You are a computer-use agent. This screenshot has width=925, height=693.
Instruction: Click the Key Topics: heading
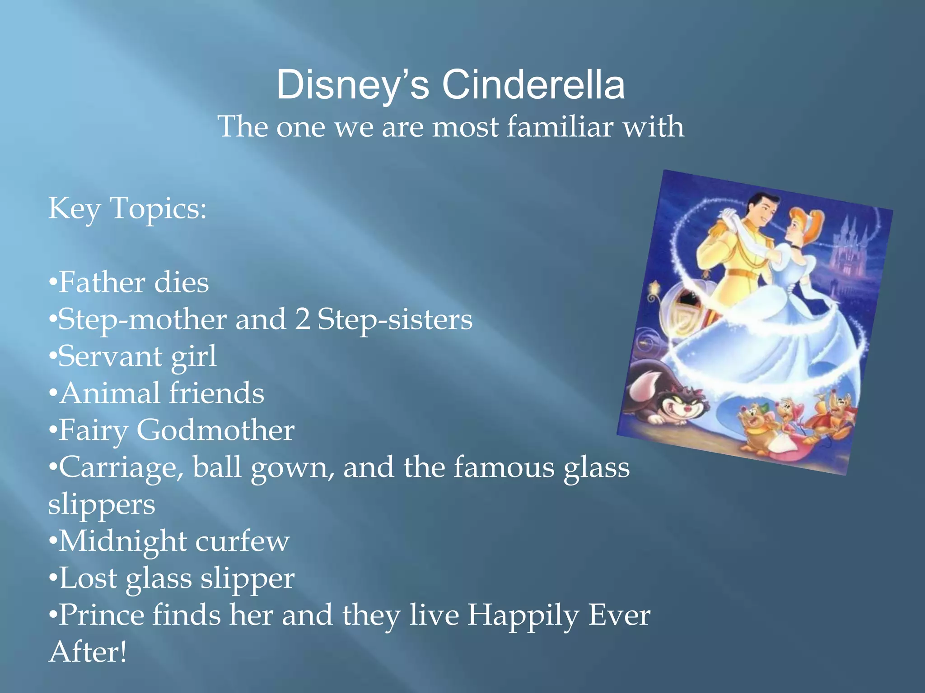tap(127, 208)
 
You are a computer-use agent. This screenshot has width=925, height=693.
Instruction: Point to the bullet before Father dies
tap(53, 284)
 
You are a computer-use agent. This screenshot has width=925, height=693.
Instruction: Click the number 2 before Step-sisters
tap(302, 319)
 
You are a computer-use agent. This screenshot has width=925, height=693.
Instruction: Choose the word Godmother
tap(215, 430)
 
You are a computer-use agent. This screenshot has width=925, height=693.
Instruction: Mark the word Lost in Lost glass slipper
tap(88, 578)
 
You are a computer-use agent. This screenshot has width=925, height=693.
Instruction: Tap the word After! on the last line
tap(88, 652)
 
